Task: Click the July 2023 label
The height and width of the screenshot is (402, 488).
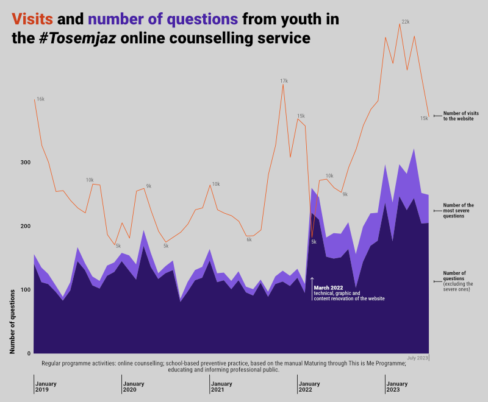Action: (418, 357)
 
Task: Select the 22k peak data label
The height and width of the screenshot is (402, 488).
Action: (405, 22)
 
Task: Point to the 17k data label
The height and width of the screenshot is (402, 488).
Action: (284, 80)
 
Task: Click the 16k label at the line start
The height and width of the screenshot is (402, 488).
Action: (40, 99)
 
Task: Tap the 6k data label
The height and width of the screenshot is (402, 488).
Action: (249, 239)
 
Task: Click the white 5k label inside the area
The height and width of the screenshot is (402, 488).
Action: (314, 242)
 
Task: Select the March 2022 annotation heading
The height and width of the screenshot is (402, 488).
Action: (329, 287)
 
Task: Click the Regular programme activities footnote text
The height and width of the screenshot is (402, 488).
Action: (224, 366)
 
